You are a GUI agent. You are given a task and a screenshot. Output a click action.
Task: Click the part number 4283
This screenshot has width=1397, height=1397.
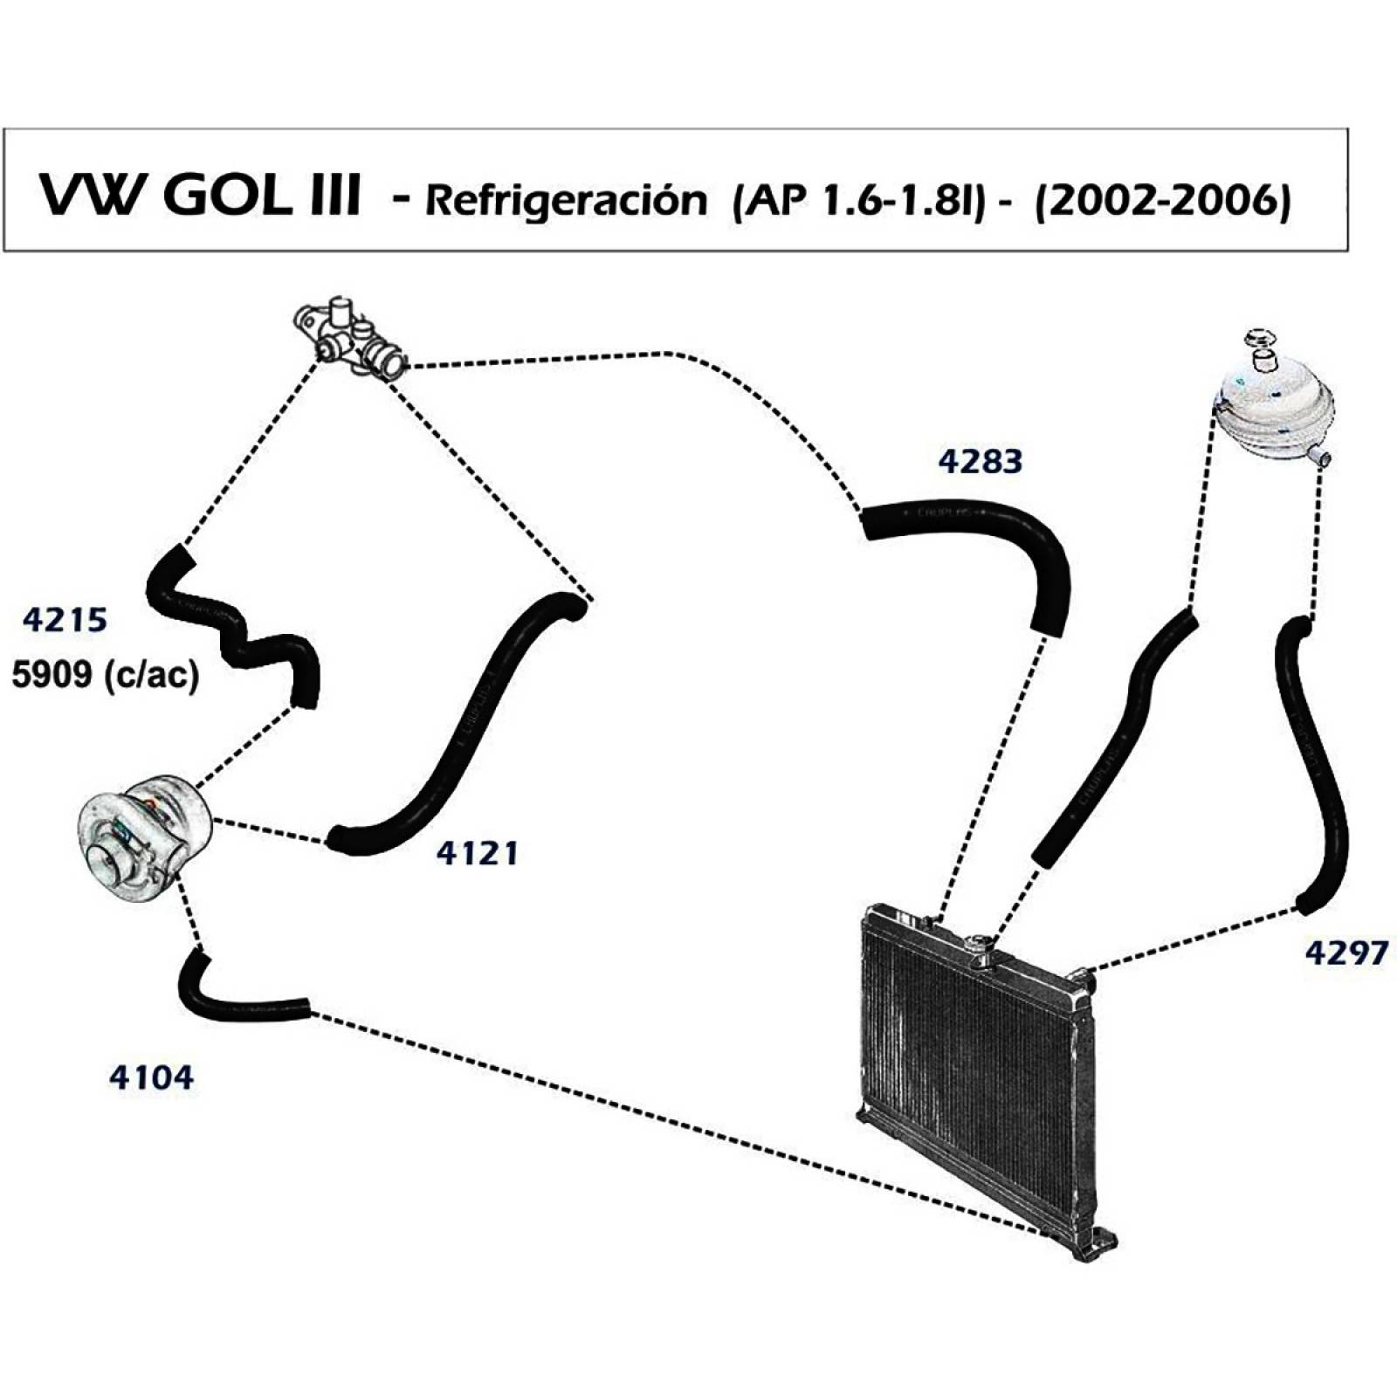(980, 460)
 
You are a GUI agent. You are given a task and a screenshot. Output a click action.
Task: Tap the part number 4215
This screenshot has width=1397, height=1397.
(65, 619)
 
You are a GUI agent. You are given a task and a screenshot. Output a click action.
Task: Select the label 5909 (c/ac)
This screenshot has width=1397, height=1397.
(105, 674)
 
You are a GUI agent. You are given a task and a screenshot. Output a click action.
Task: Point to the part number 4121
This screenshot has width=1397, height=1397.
(477, 852)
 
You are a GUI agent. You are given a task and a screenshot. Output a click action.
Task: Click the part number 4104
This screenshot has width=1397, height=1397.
(151, 1077)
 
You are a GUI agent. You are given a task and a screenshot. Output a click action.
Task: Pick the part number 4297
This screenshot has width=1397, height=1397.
(1345, 952)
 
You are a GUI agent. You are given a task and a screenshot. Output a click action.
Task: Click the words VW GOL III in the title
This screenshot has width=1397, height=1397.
(199, 196)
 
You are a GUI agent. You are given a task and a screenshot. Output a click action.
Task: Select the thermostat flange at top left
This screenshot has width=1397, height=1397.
(352, 342)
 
